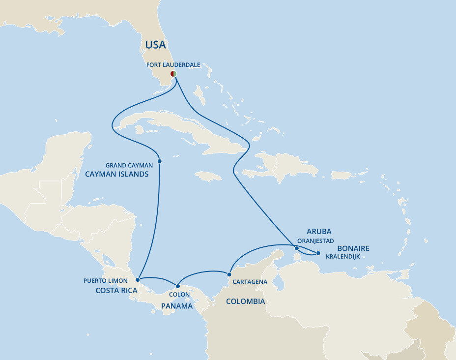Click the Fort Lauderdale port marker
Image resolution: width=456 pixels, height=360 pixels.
click(173, 73)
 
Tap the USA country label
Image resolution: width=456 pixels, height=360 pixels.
click(155, 45)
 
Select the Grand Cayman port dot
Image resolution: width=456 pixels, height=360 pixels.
click(160, 161)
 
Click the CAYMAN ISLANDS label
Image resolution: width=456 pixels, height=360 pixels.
click(116, 174)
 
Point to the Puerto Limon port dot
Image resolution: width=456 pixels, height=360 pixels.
click(138, 279)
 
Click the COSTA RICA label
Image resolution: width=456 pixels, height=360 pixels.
click(116, 291)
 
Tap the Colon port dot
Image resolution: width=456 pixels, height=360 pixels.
click(178, 286)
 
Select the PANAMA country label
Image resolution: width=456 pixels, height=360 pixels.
click(176, 306)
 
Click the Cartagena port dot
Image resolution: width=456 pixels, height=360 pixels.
click(229, 274)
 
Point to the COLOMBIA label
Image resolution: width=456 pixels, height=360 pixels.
click(245, 301)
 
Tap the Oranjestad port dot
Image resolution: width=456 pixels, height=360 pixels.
click(296, 249)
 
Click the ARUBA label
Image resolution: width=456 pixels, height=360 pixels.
click(319, 231)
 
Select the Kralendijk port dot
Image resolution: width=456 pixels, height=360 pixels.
click(318, 253)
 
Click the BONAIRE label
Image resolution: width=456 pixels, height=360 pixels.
click(353, 249)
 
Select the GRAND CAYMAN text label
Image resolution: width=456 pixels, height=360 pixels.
click(129, 165)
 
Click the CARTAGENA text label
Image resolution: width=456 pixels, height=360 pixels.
click(251, 282)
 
